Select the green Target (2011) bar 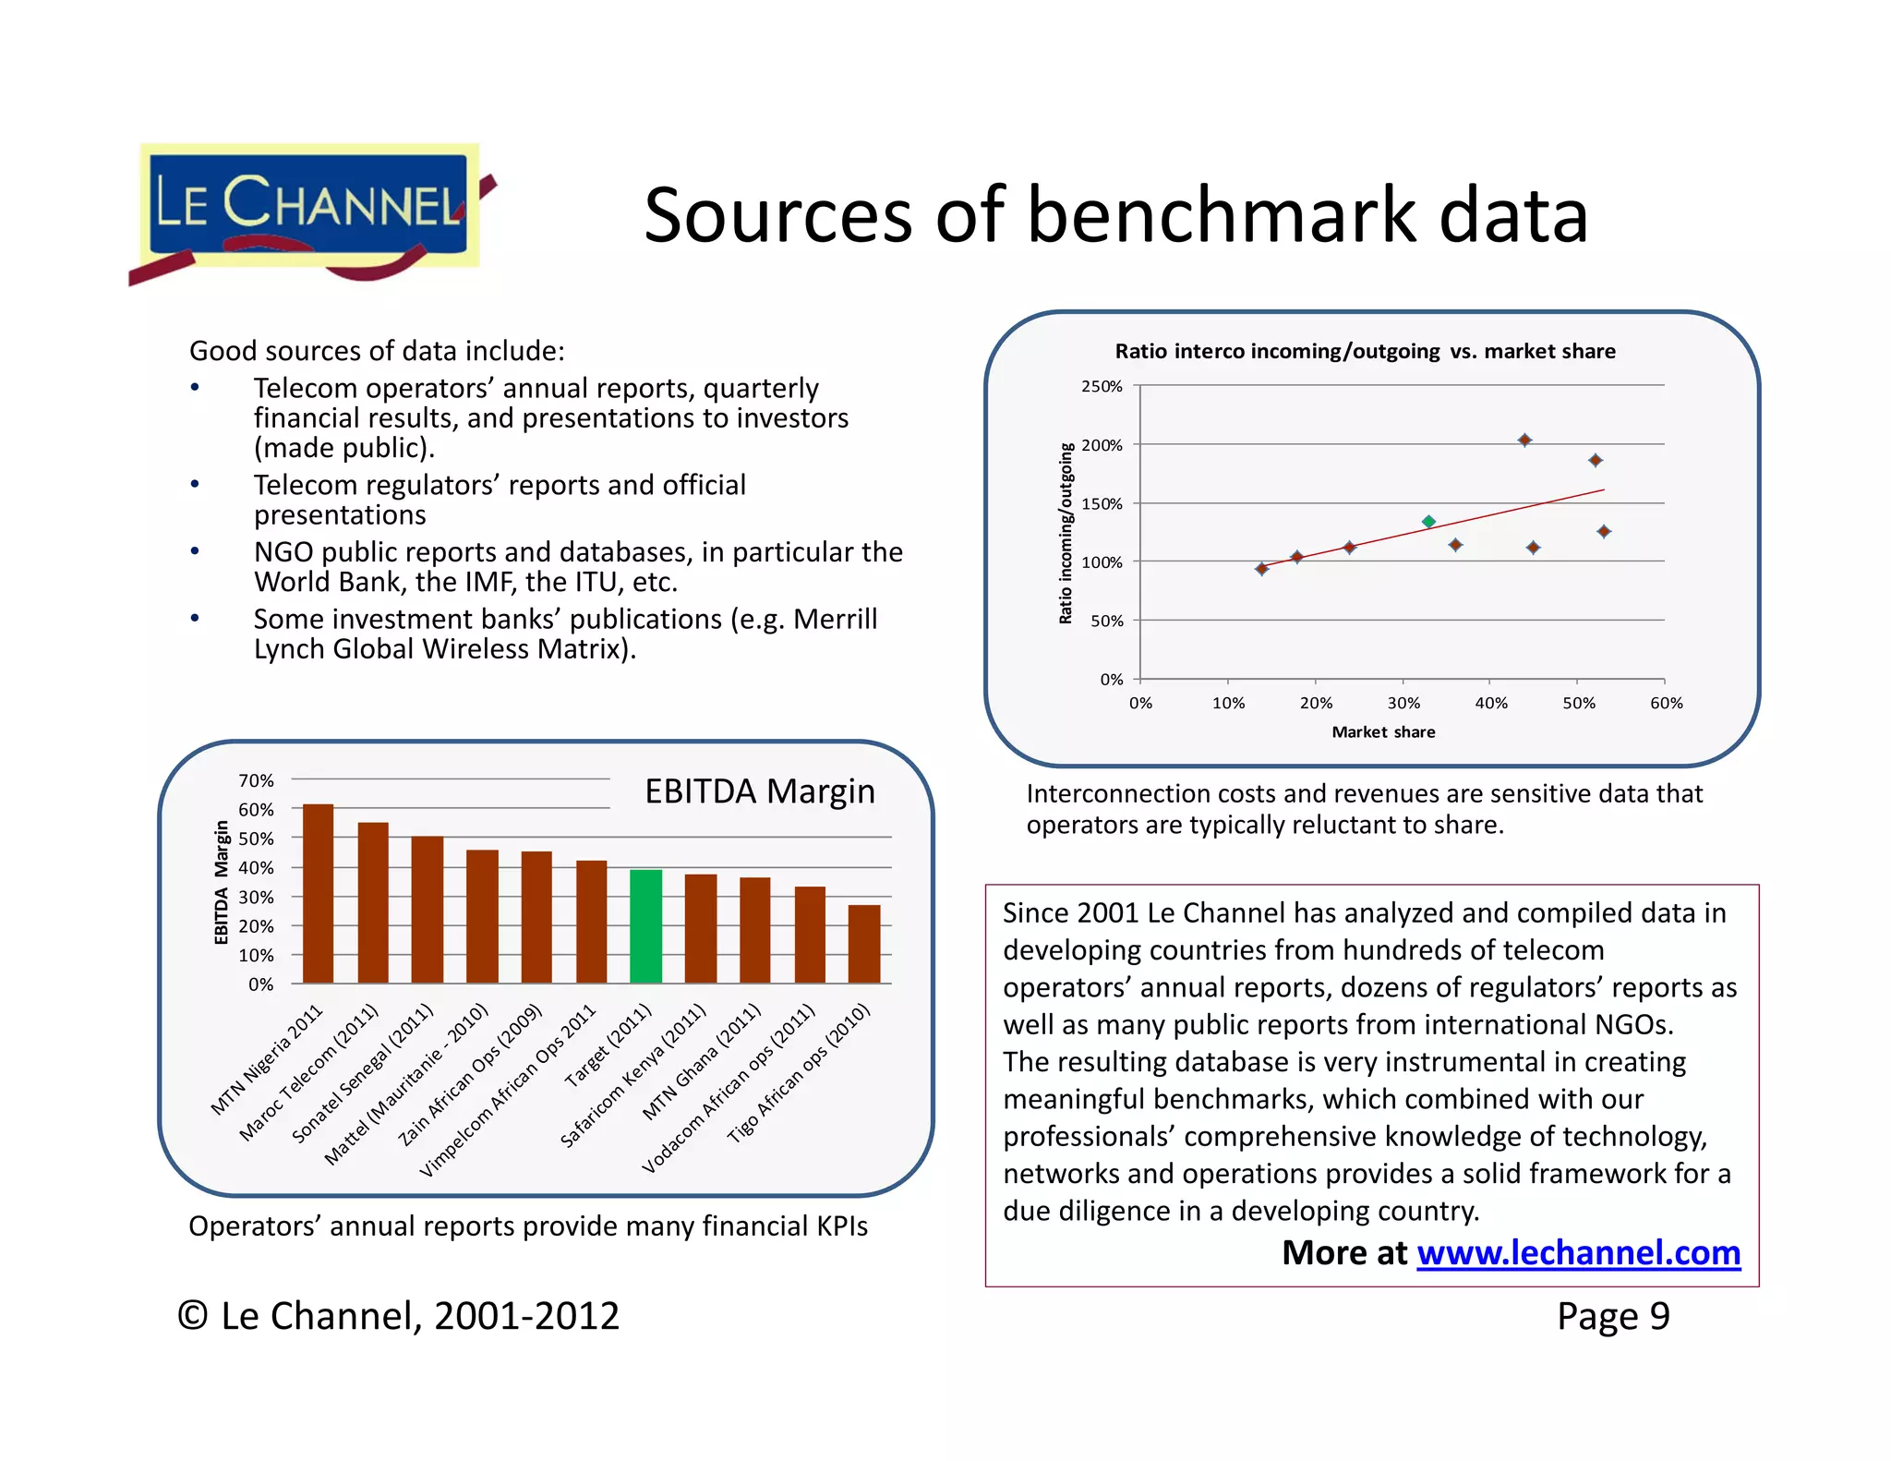[645, 926]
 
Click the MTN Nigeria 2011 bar [318, 893]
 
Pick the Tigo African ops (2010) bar [863, 944]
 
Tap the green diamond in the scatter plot [1428, 522]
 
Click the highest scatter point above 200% [1524, 441]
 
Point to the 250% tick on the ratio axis [1102, 386]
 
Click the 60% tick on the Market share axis [1666, 704]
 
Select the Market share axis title [1382, 732]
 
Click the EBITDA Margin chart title [759, 791]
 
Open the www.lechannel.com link [1578, 1253]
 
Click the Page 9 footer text [1612, 1316]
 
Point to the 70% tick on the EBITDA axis [256, 781]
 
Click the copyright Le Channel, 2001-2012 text [399, 1316]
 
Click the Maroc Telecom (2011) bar [373, 902]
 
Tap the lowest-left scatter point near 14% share [1262, 569]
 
